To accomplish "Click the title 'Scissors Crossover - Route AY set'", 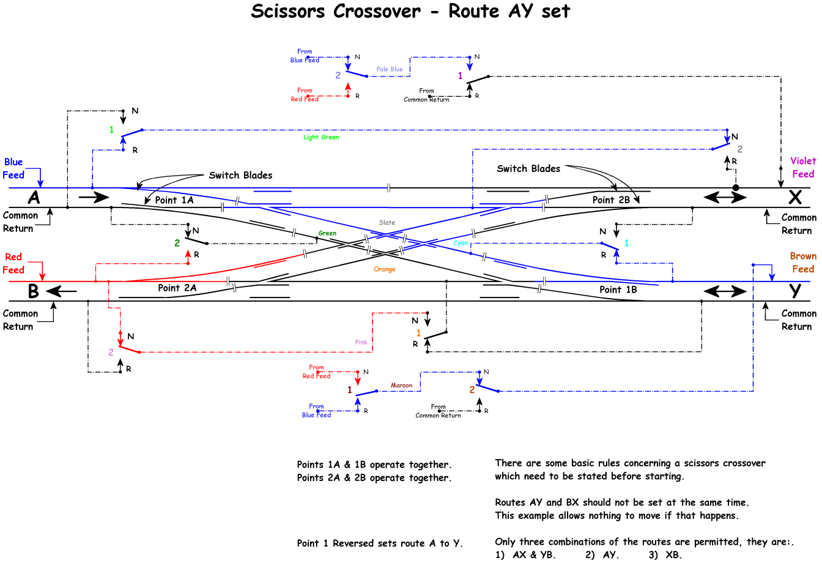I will pos(410,12).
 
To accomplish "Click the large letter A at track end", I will pos(34,198).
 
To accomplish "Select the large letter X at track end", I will pos(794,197).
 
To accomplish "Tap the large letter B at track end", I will pos(34,291).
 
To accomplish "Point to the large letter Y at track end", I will pos(794,291).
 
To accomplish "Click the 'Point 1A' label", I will pos(174,200).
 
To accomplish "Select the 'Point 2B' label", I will pos(610,200).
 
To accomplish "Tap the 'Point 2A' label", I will pos(177,288).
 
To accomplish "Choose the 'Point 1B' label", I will pos(618,290).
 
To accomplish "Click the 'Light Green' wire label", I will pos(321,137).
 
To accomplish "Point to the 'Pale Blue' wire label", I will pos(390,69).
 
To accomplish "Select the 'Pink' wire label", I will pos(361,342).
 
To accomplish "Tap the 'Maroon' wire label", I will pos(401,386).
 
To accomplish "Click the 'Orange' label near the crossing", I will pos(385,269).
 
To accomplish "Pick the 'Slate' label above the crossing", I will pos(387,223).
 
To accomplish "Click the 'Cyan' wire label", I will pos(461,243).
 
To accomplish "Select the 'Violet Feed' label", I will pos(803,167).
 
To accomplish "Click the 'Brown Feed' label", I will pos(803,263).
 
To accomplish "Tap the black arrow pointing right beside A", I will pos(94,197).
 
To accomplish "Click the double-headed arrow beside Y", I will pos(725,291).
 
